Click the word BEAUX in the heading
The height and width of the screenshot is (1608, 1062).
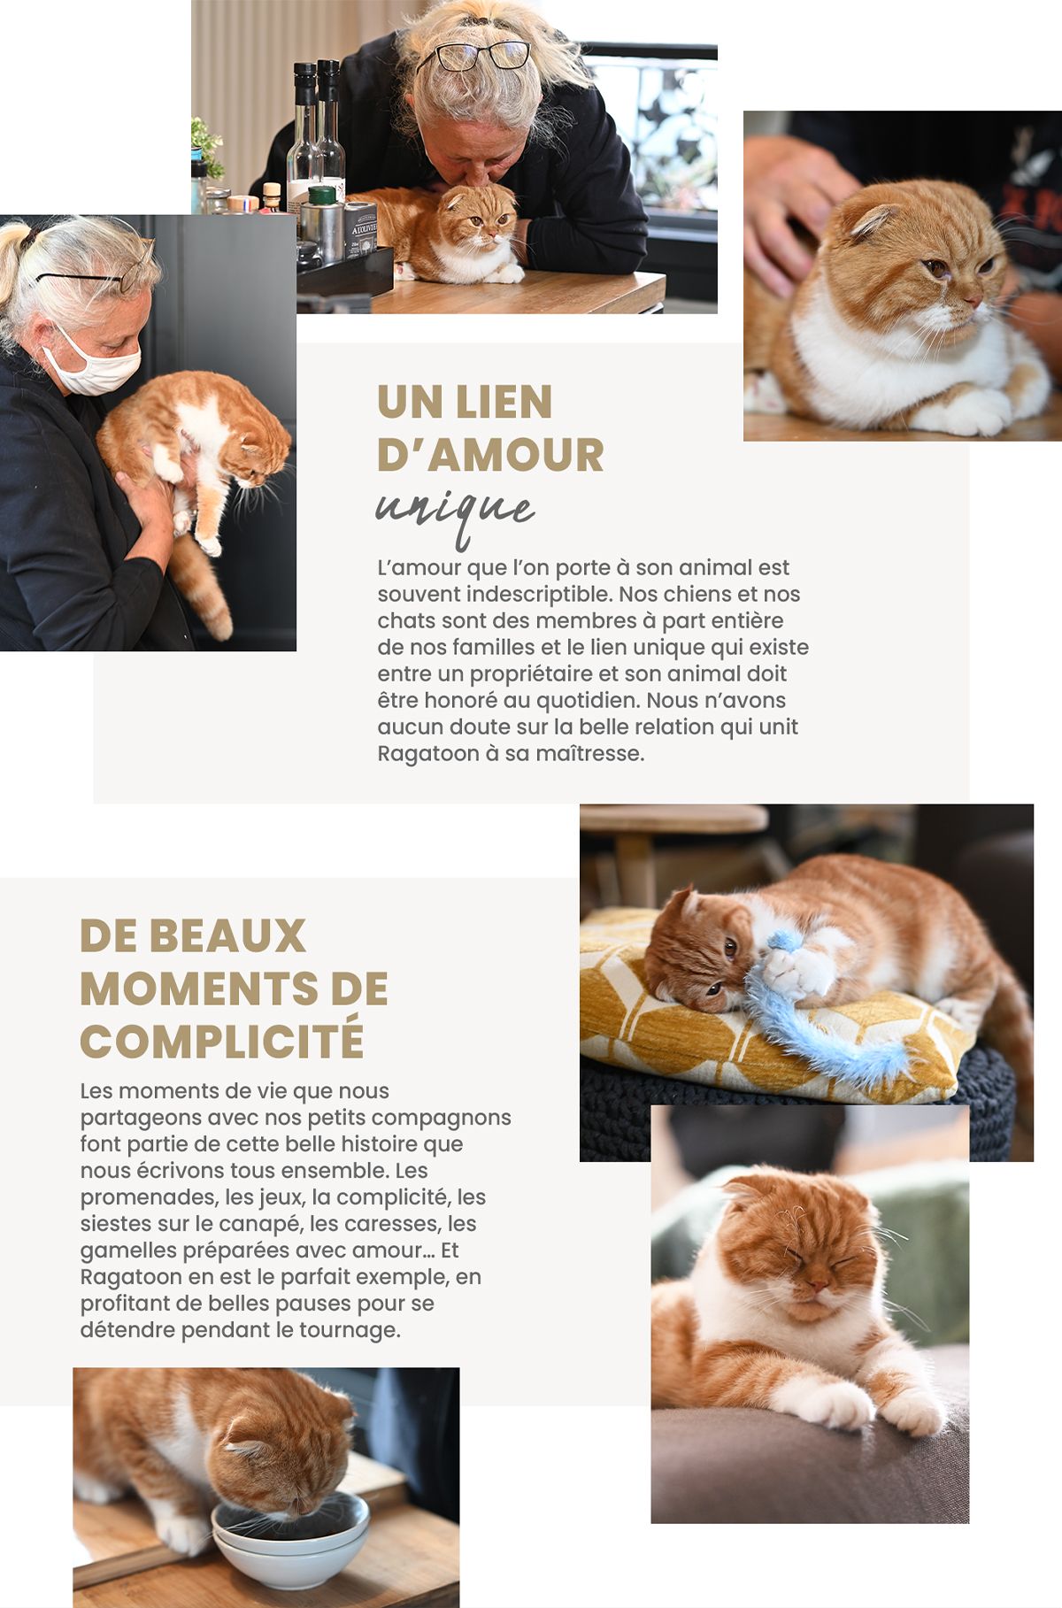227,936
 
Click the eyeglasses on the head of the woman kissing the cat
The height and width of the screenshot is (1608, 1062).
473,54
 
